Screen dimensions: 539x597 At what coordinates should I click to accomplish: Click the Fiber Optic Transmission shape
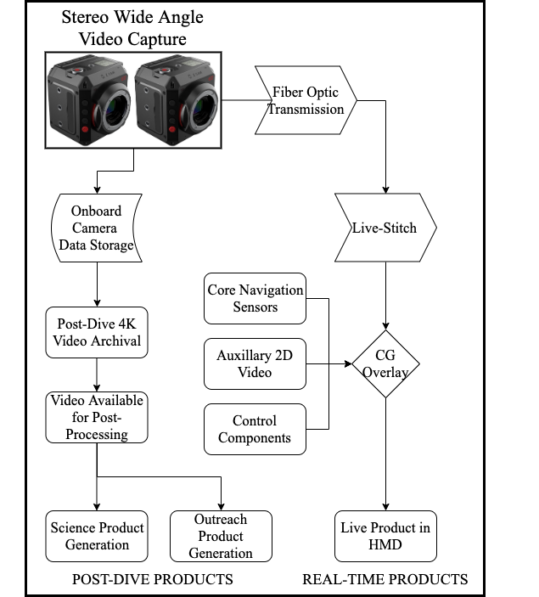click(x=306, y=100)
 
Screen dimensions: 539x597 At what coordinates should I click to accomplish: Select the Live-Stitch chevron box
click(x=385, y=228)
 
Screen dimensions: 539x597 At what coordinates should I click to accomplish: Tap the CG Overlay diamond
click(x=385, y=364)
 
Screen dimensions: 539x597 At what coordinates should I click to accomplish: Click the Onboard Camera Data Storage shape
click(x=97, y=228)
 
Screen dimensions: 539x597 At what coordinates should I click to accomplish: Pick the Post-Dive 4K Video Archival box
click(x=97, y=332)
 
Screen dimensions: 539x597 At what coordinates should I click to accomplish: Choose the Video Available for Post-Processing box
click(x=97, y=417)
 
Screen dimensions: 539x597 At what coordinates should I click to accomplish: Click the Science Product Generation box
click(x=97, y=536)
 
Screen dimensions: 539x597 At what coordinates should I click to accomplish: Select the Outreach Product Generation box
click(x=221, y=536)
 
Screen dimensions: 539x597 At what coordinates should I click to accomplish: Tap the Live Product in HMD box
click(x=385, y=536)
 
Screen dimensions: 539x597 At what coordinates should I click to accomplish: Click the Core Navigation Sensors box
click(x=255, y=299)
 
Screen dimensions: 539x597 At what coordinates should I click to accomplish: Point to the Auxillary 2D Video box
click(x=255, y=364)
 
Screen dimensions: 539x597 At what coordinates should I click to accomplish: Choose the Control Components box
click(x=255, y=429)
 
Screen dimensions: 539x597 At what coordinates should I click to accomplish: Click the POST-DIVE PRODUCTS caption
click(x=153, y=579)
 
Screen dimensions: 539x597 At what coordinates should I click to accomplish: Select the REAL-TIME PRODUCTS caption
click(x=385, y=579)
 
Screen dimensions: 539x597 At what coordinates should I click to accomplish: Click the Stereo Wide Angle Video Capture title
click(x=132, y=28)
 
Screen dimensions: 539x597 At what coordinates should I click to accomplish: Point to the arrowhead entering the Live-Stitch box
click(x=385, y=189)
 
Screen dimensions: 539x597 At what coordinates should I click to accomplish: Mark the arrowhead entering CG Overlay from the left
click(x=348, y=364)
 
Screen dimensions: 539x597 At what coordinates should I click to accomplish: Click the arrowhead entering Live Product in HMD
click(x=385, y=507)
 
